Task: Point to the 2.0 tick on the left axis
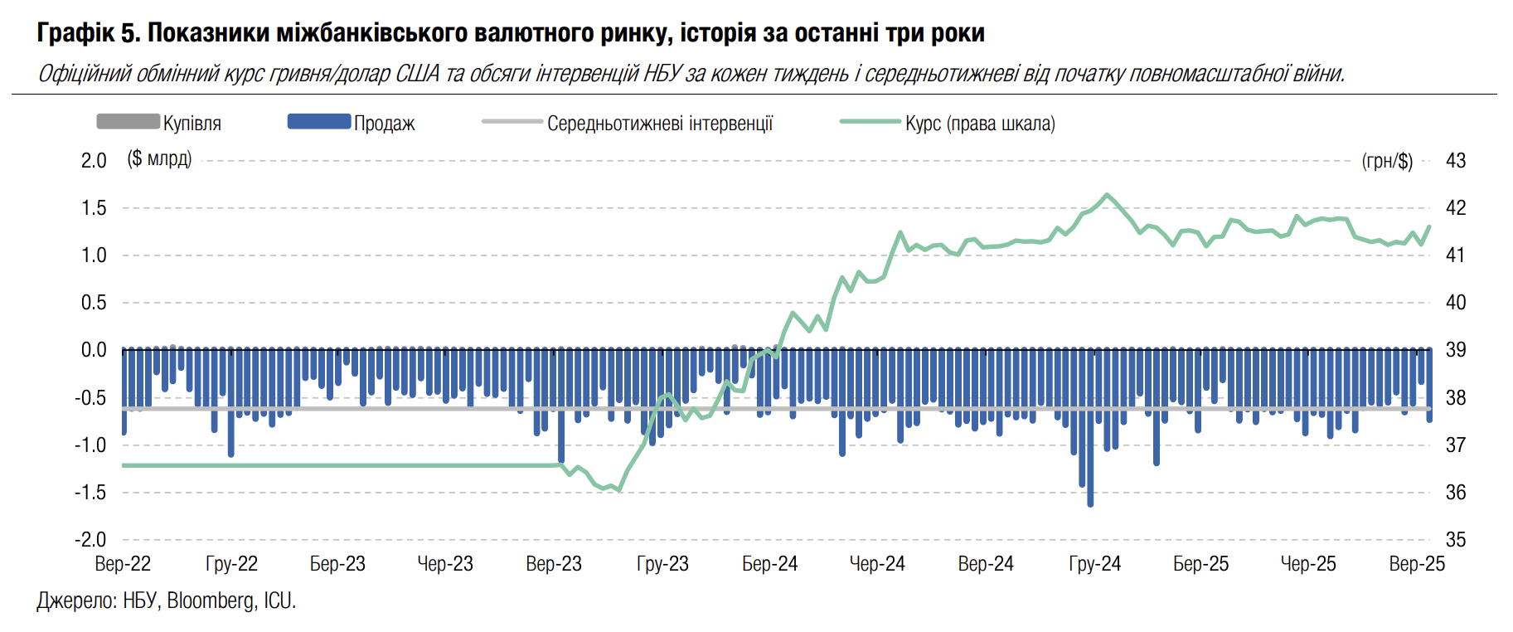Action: click(x=94, y=160)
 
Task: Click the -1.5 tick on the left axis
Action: click(x=91, y=493)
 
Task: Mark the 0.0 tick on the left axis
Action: click(x=94, y=350)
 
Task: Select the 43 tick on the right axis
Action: click(x=1456, y=160)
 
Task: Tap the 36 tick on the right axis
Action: click(x=1456, y=493)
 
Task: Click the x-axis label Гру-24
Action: click(x=1094, y=564)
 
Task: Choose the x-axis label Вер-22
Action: click(x=123, y=564)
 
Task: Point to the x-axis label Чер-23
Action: click(x=445, y=564)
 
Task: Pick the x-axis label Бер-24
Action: click(x=769, y=564)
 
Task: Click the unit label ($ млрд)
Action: click(x=159, y=158)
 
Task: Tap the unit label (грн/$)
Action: click(x=1387, y=161)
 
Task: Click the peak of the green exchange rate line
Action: click(x=1107, y=195)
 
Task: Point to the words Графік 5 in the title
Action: click(x=87, y=33)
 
